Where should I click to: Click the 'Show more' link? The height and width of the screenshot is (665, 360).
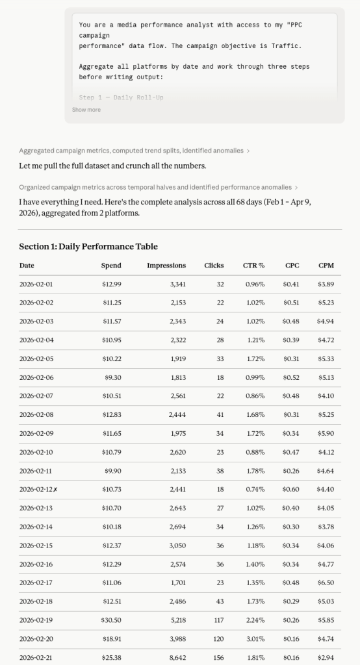(x=86, y=110)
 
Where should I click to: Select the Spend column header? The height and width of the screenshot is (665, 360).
(x=111, y=266)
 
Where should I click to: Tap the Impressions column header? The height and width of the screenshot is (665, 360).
(x=166, y=266)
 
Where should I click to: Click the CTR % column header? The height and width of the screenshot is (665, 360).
(x=254, y=266)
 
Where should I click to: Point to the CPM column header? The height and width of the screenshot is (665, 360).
(x=326, y=266)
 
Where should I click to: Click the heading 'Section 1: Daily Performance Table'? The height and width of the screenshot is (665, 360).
(x=88, y=247)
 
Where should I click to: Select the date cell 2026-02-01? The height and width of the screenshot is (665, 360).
(x=36, y=284)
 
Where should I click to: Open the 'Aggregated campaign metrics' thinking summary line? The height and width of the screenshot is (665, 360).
(x=134, y=151)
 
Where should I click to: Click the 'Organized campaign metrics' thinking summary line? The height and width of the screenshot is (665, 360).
(x=158, y=187)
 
